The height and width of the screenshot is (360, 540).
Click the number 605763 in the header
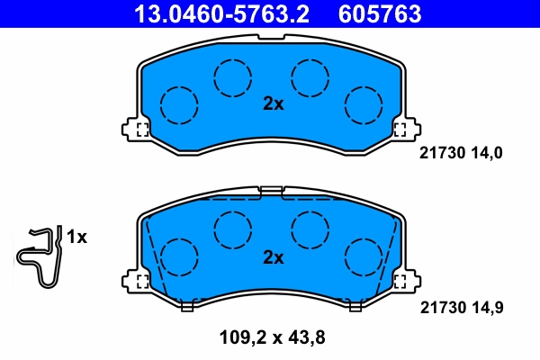click(379, 13)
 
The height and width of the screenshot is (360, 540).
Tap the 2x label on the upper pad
click(273, 103)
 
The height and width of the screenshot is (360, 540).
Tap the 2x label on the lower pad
click(273, 258)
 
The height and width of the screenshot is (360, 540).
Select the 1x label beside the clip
click(76, 238)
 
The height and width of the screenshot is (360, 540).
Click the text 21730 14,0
click(460, 153)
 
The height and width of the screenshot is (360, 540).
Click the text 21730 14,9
click(460, 308)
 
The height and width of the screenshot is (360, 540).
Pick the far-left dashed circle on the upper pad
click(179, 104)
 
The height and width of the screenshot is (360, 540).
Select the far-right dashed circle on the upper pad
click(364, 104)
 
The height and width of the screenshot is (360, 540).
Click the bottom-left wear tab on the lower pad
click(187, 305)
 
